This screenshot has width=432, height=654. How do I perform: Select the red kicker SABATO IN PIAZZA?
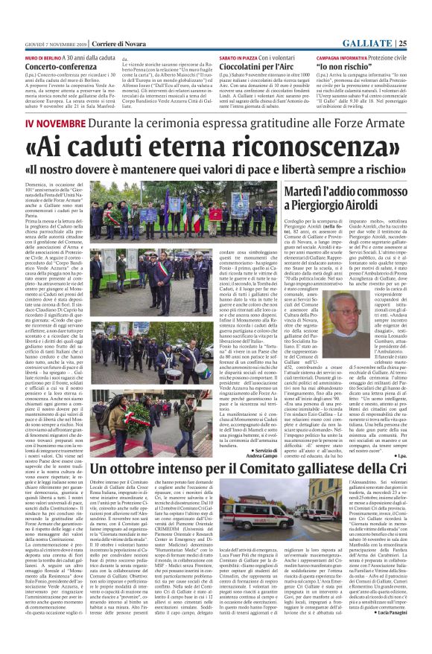pyautogui.click(x=240, y=57)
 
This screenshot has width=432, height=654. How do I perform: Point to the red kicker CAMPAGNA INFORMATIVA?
pyautogui.click(x=341, y=57)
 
